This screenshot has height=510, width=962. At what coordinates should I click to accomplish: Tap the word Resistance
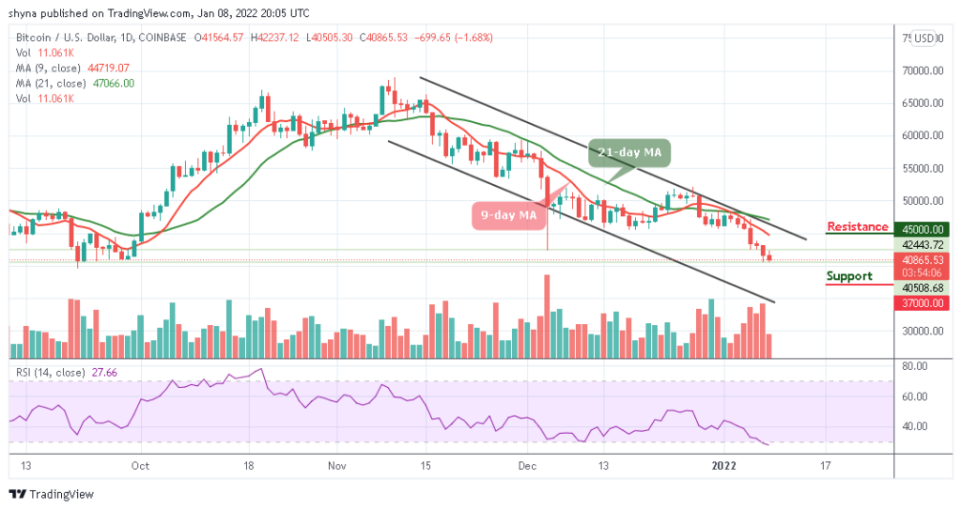point(857,227)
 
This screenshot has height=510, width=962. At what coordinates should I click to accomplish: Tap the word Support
point(849,277)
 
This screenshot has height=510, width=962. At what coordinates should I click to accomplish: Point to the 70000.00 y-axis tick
point(920,70)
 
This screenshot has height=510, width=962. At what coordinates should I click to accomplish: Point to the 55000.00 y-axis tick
point(920,168)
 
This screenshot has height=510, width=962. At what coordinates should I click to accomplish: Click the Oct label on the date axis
point(140,465)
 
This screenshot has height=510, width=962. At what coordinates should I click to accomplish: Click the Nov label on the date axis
point(339,465)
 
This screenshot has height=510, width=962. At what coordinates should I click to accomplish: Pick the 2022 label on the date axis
point(725,465)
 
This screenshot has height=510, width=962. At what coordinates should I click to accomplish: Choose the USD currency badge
point(924,39)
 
